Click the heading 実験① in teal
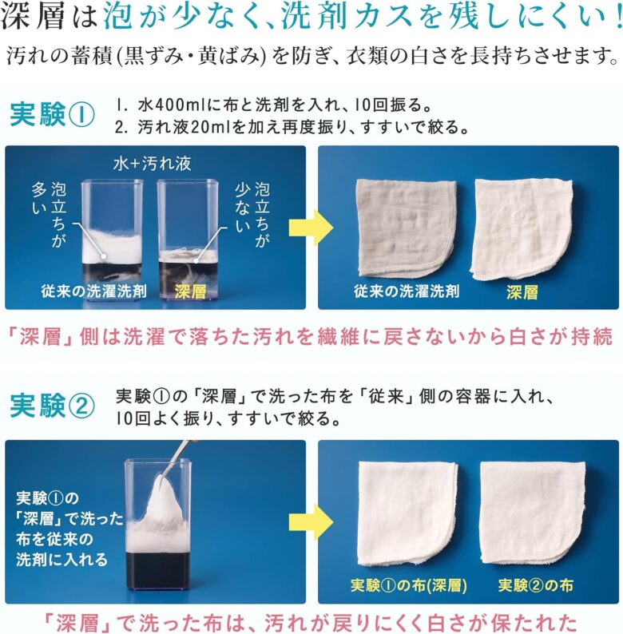coord(52,114)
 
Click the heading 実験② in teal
coord(52,406)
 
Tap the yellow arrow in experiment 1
coord(311,228)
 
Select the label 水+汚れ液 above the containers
coord(152,164)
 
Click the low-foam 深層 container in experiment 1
coord(188,240)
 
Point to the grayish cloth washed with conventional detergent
coord(407,228)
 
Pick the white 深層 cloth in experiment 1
coord(521,228)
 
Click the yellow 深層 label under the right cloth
coord(522,292)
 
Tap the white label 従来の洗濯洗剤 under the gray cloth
coord(407,291)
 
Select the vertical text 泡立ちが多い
coord(49,214)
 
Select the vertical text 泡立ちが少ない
coord(252,214)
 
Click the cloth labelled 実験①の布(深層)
coord(409,513)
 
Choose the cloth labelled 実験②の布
coord(533,513)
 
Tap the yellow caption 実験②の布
coord(536,585)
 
